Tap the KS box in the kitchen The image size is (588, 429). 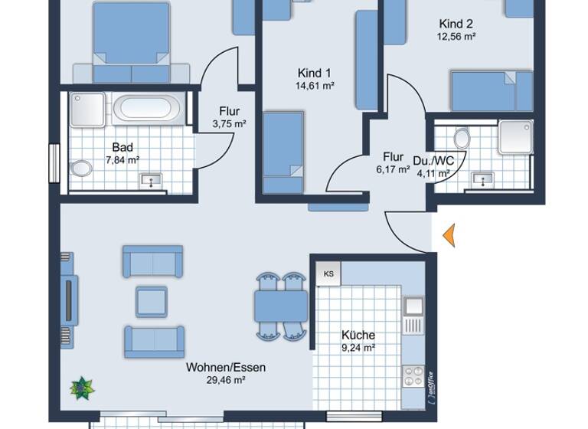tap(328, 273)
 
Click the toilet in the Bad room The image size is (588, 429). tap(80, 169)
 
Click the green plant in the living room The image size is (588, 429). tap(81, 388)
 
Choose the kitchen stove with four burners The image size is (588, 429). tap(413, 376)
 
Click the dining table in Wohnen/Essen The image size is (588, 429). tap(281, 306)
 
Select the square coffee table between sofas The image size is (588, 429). tap(152, 301)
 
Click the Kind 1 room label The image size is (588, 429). tap(315, 74)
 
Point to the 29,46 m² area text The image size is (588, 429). tap(226, 380)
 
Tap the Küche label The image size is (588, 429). tap(358, 335)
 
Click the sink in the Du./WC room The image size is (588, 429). tap(482, 179)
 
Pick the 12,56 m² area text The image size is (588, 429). tap(457, 36)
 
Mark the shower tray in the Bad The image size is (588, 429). tap(86, 109)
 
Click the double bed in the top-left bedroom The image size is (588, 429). tap(131, 42)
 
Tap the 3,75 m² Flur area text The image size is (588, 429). tap(229, 123)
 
